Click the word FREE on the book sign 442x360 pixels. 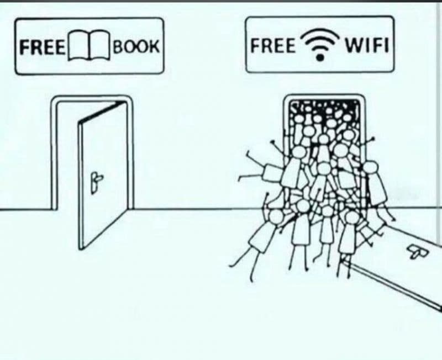coord(42,47)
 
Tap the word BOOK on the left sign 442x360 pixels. coord(136,46)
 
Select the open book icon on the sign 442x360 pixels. coord(89,45)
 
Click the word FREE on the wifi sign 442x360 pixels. coord(273,46)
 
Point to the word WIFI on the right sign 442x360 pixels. coord(366,45)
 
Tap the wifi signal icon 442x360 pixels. coord(320,44)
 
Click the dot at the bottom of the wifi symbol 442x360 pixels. coord(320,57)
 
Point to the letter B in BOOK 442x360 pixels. coord(118,46)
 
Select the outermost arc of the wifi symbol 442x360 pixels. coord(320,33)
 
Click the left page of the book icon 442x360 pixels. coord(78,46)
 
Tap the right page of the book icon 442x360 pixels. coord(99,46)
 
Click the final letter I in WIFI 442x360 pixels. coord(387,45)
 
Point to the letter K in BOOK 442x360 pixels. coord(154,46)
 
